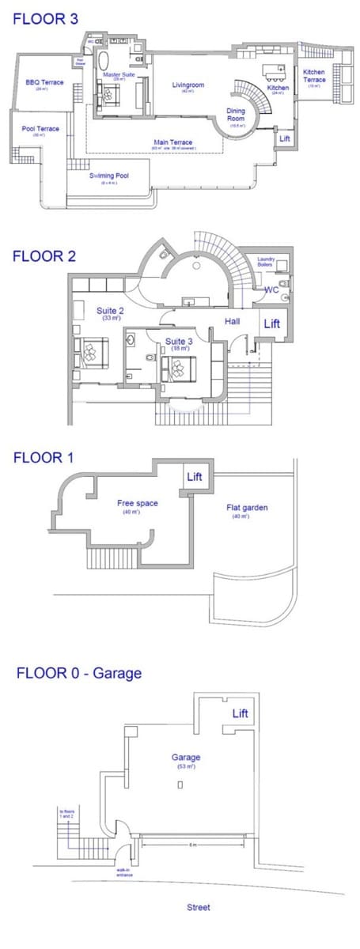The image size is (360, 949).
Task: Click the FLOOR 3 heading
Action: pyautogui.click(x=40, y=19)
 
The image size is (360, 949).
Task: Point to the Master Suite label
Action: pyautogui.click(x=119, y=75)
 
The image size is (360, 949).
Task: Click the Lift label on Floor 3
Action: pyautogui.click(x=285, y=138)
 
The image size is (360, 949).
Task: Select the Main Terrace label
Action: pyautogui.click(x=172, y=142)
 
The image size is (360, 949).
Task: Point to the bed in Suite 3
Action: pyautogui.click(x=179, y=365)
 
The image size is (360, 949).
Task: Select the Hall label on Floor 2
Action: pyautogui.click(x=233, y=321)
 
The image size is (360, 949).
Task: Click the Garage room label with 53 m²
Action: pyautogui.click(x=186, y=757)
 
